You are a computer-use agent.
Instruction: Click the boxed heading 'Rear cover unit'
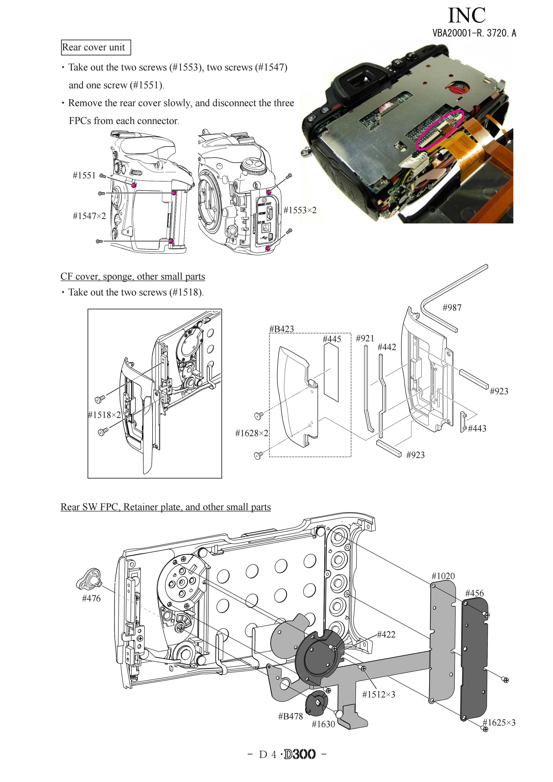pyautogui.click(x=96, y=47)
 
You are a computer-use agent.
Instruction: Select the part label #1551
pyautogui.click(x=84, y=175)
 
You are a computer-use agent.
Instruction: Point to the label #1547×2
pyautogui.click(x=89, y=216)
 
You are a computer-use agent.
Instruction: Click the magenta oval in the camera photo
pyautogui.click(x=440, y=130)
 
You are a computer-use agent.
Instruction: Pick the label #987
pyautogui.click(x=452, y=307)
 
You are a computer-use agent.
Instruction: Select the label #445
pyautogui.click(x=332, y=339)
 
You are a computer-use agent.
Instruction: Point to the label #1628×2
pyautogui.click(x=252, y=433)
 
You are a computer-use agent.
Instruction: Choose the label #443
pyautogui.click(x=477, y=428)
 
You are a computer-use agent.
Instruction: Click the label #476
pyautogui.click(x=91, y=598)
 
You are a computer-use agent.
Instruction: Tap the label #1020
pyautogui.click(x=443, y=576)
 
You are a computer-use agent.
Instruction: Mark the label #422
pyautogui.click(x=386, y=634)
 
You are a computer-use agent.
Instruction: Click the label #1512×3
pyautogui.click(x=379, y=694)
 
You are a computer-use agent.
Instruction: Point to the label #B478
pyautogui.click(x=290, y=717)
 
